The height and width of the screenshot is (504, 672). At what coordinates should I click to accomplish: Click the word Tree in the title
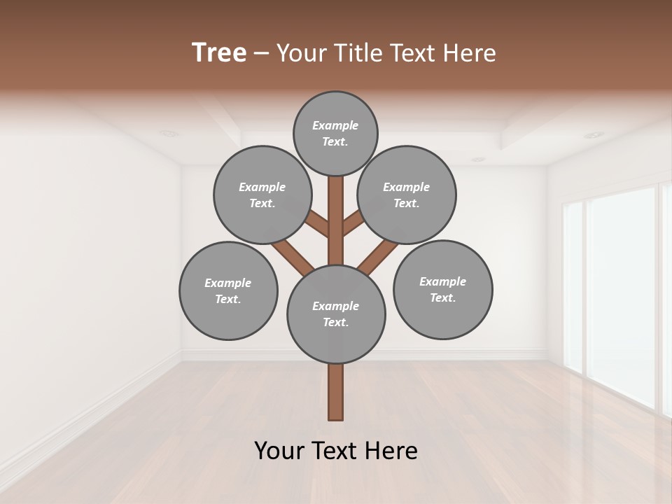click(x=219, y=53)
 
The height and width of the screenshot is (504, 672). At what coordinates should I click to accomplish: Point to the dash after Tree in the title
click(x=261, y=55)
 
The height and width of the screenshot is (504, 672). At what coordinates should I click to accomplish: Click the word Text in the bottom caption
click(x=339, y=451)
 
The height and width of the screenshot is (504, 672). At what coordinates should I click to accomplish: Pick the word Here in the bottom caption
click(x=392, y=451)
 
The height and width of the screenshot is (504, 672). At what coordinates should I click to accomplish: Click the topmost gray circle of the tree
click(x=335, y=133)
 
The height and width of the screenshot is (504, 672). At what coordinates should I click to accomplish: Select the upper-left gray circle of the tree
click(x=262, y=195)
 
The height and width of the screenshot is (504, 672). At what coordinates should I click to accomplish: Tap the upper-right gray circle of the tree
click(x=407, y=195)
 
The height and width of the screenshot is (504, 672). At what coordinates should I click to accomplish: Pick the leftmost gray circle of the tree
click(x=228, y=290)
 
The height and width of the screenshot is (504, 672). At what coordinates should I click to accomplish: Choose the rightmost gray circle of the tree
click(x=442, y=289)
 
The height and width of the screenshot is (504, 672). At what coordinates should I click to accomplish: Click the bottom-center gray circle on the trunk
click(x=336, y=314)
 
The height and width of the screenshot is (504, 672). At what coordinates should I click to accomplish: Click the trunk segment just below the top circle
click(x=336, y=192)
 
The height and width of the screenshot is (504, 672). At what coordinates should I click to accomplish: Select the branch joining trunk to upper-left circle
click(x=319, y=225)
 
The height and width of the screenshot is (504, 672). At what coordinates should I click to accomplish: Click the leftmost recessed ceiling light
click(x=167, y=133)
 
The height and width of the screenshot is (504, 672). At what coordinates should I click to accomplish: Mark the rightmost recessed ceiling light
click(x=594, y=134)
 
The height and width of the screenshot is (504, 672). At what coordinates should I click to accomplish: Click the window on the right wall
click(x=619, y=294)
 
